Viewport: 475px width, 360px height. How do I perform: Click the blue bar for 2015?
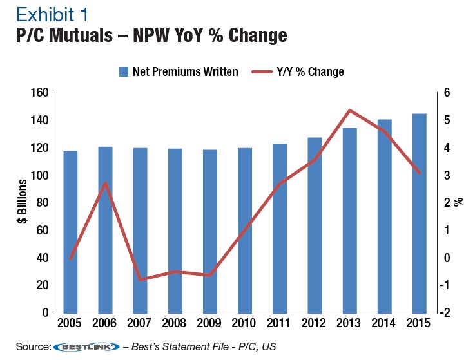[419, 213]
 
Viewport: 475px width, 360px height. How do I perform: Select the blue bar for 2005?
[71, 232]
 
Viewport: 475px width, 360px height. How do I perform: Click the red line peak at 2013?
[349, 110]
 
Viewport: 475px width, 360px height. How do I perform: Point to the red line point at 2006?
[106, 183]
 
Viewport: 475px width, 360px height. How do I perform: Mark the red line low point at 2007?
[141, 279]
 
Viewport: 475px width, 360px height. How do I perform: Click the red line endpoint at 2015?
[419, 173]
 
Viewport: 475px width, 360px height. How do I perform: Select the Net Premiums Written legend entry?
[178, 71]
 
